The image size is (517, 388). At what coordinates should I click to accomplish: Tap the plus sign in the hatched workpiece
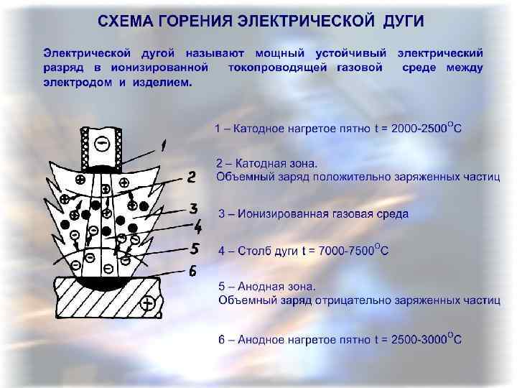147,304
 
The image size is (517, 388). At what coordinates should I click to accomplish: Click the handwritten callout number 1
164,147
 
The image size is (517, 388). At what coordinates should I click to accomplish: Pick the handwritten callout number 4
198,228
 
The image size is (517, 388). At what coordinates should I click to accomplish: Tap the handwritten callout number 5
194,249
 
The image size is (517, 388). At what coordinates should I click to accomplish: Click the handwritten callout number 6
192,272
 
